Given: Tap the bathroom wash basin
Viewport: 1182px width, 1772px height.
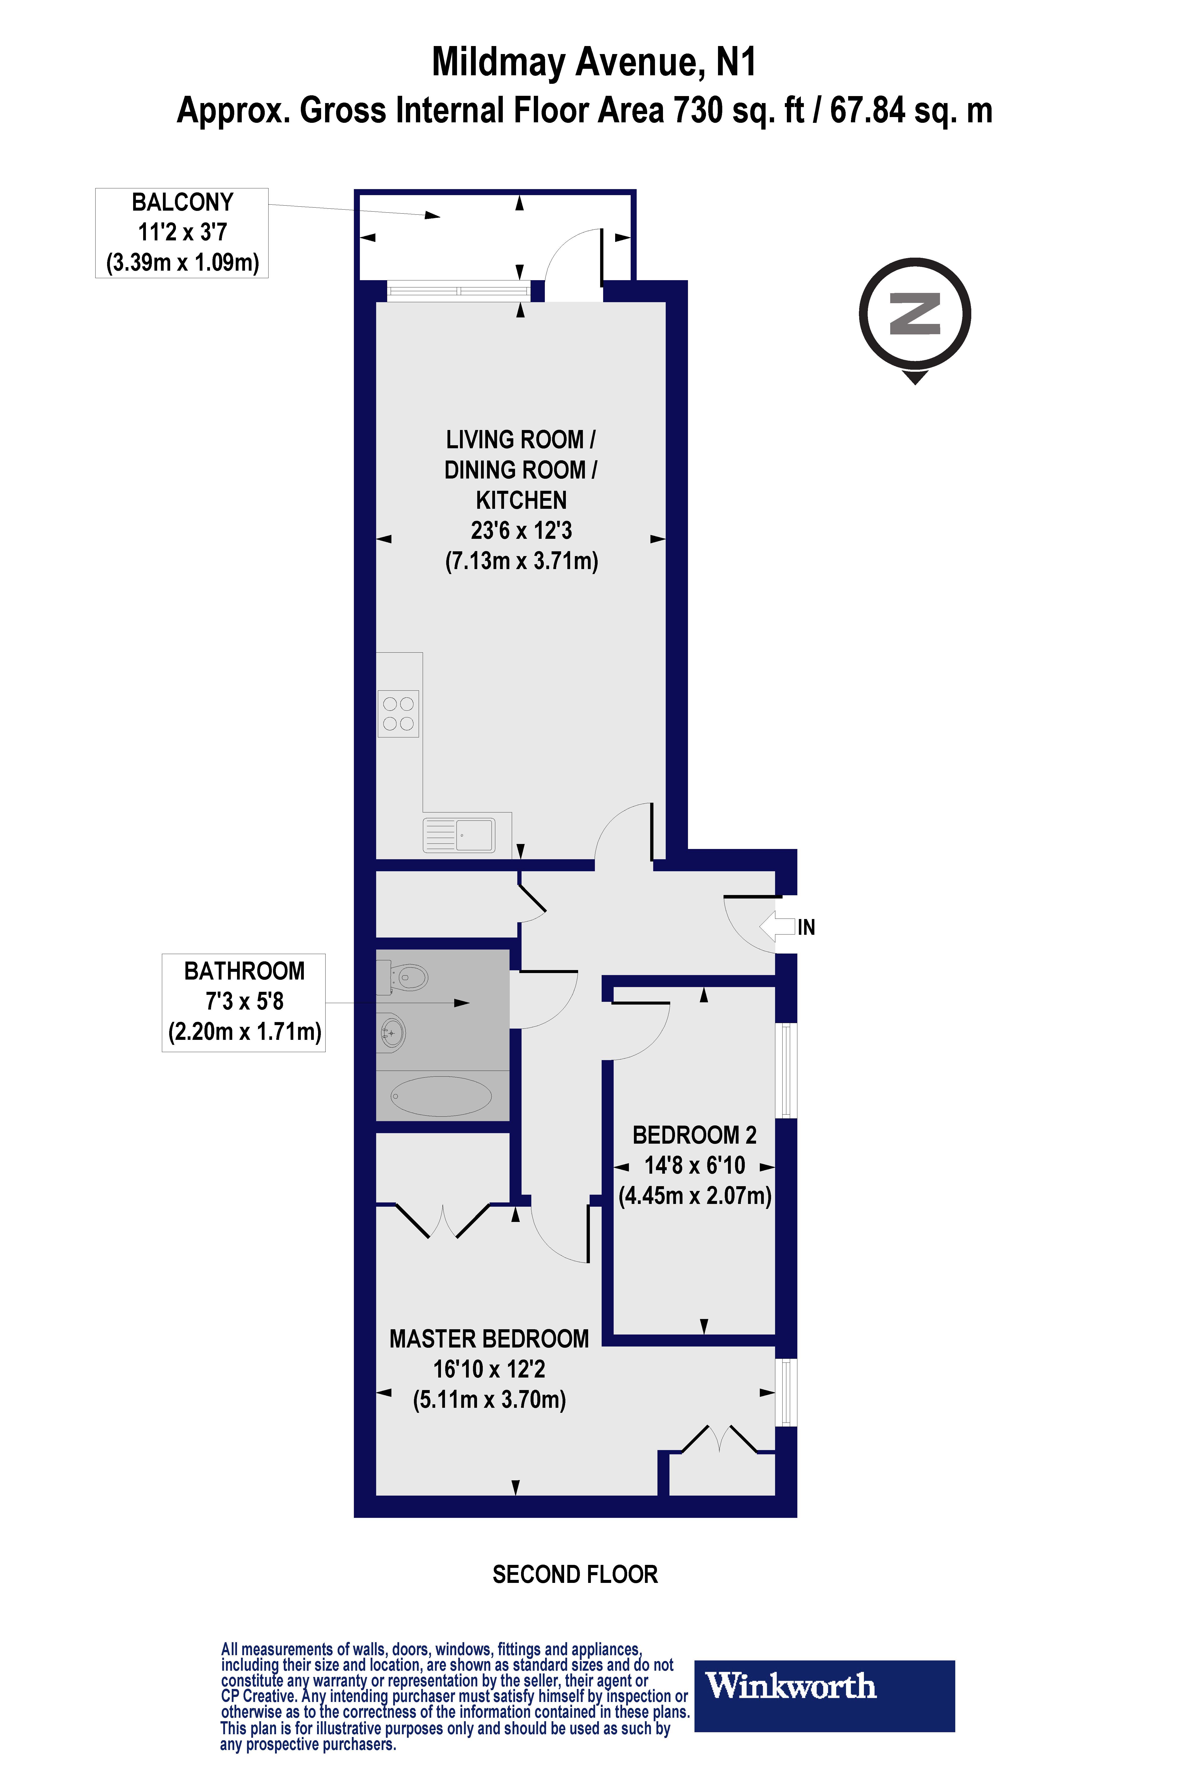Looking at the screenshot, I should click(392, 1031).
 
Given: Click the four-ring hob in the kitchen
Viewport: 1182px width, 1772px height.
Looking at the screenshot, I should click(398, 713).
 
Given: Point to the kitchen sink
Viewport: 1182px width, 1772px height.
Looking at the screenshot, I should click(460, 835).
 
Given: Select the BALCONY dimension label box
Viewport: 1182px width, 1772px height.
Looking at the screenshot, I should click(182, 233).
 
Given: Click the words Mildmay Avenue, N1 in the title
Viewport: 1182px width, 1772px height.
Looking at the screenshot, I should click(593, 62).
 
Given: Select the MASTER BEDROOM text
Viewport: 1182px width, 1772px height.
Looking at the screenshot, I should click(489, 1339).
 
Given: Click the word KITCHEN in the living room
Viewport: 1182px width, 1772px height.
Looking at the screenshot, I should click(521, 500).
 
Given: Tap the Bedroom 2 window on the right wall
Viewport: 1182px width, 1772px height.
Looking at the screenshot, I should click(786, 1070).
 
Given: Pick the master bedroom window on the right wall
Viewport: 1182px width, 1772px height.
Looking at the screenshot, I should click(786, 1392).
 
